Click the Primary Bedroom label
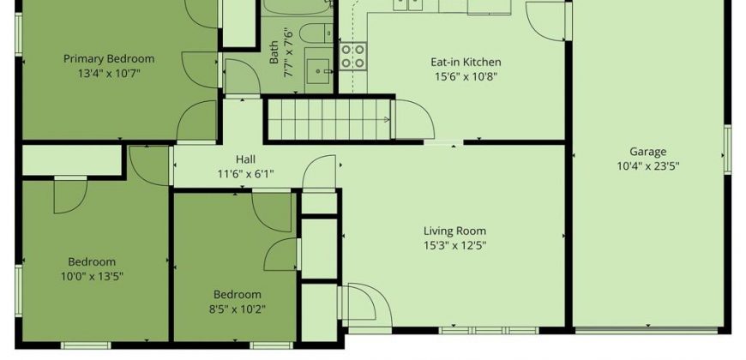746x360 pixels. [x=109, y=59]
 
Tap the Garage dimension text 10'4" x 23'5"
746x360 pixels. [x=648, y=166]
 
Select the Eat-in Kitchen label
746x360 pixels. [x=466, y=62]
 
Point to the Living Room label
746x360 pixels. [x=454, y=231]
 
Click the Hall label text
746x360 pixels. [x=245, y=159]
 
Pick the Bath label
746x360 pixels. [x=274, y=52]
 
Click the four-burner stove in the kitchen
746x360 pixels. [x=352, y=56]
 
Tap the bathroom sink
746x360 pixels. [x=317, y=71]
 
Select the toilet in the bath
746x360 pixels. [x=316, y=33]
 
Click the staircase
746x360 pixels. [x=328, y=119]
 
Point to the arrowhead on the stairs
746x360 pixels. [x=388, y=120]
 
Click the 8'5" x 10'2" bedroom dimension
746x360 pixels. [x=237, y=309]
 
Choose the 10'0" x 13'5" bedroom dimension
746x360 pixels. [x=92, y=276]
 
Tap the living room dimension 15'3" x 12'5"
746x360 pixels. [x=454, y=245]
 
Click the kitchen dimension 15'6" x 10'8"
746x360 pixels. [x=466, y=76]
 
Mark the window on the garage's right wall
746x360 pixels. [x=727, y=149]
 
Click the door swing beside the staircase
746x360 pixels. [x=414, y=119]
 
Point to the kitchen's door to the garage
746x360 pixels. [x=545, y=21]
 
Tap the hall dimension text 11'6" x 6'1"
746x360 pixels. [x=245, y=174]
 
